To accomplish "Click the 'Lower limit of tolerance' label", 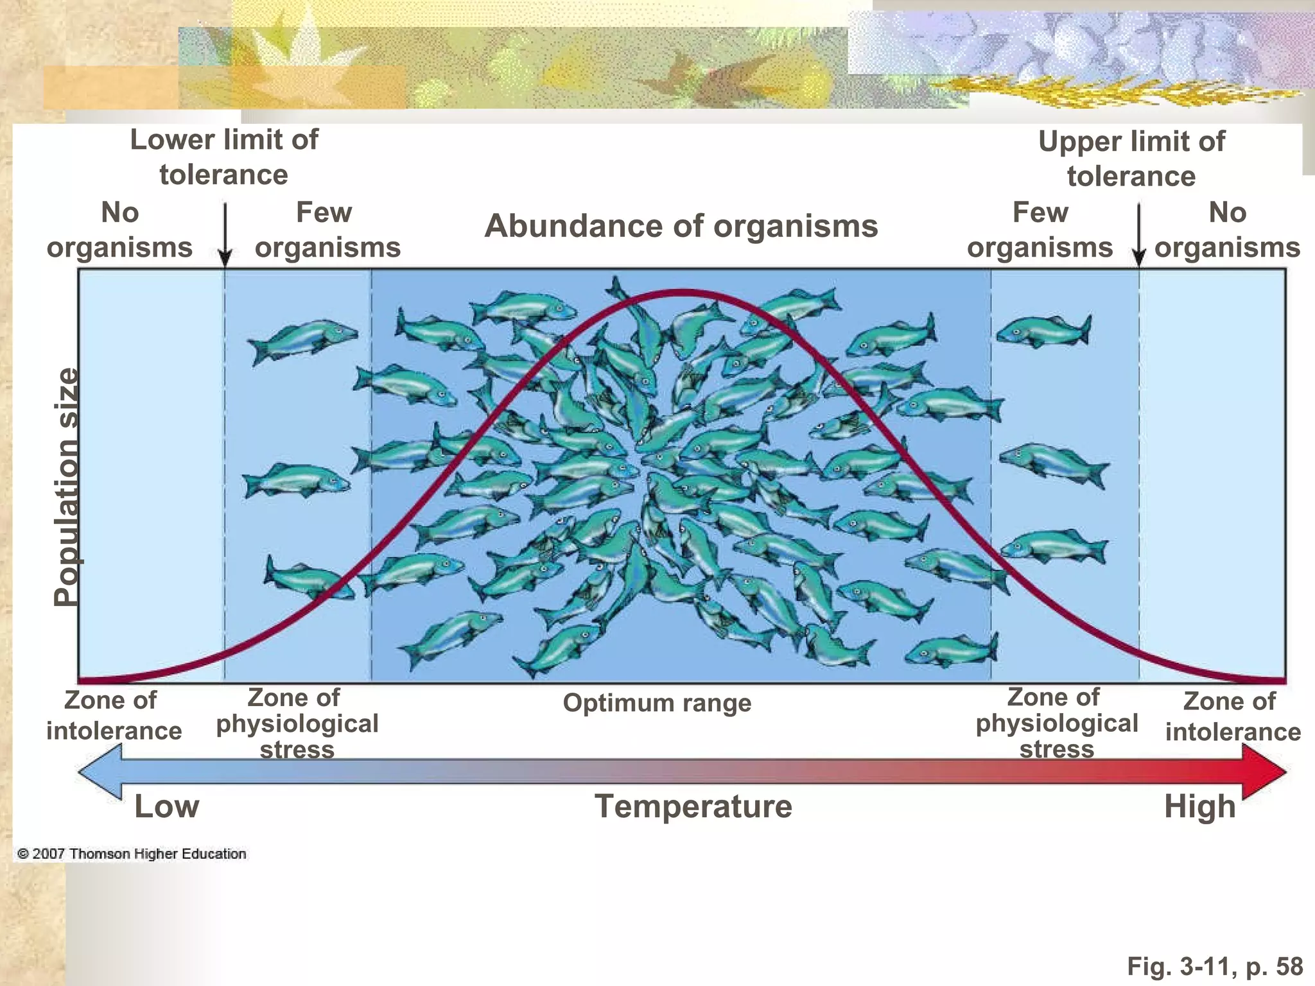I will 224,157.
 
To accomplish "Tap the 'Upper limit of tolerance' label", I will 1131,159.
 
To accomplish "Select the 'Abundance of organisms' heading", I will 681,226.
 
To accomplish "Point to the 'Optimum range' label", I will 657,703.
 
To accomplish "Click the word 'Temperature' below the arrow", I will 693,806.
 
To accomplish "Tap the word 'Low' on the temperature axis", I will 167,806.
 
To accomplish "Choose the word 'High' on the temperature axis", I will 1200,807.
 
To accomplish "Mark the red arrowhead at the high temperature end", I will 1264,772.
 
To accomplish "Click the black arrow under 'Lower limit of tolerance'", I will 225,235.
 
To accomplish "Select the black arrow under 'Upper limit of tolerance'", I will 1139,235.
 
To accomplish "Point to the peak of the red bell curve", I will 681,294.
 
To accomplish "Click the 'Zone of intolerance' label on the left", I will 114,715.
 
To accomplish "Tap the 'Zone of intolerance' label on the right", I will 1233,716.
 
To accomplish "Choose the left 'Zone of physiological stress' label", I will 297,723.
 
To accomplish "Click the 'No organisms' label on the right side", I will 1227,230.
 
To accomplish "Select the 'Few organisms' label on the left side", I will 327,230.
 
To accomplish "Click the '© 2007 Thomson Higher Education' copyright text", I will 132,854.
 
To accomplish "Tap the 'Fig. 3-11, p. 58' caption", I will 1215,965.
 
